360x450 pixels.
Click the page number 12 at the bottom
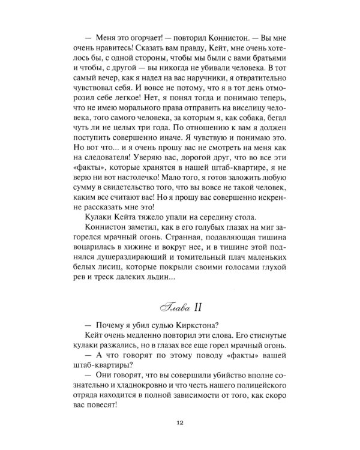click(x=179, y=424)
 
